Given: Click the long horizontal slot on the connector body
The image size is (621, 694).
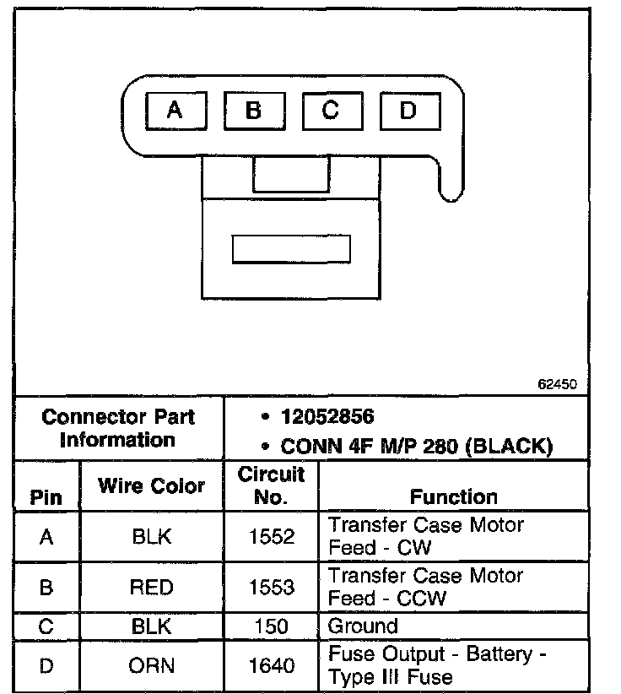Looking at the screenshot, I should coord(291,248).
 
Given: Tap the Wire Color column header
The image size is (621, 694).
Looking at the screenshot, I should coord(152,486).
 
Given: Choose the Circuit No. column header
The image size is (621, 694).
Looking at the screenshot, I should coord(271,485).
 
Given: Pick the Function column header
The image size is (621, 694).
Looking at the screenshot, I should coord(454,496).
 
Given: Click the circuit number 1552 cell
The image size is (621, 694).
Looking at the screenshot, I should coord(271,537).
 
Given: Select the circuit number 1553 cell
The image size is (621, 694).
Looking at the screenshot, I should coord(271,588).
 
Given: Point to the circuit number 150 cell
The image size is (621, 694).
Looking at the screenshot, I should coord(271,626).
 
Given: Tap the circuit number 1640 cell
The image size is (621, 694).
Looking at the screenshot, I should coord(271,666).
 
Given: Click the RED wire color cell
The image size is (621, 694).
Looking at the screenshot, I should coord(152,588).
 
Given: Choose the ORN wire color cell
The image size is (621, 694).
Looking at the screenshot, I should coord(152,666).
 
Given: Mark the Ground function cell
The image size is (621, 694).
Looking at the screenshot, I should coord(363,626).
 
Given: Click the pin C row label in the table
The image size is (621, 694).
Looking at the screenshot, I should coord(46,626).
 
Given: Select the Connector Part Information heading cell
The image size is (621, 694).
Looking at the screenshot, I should coord(118,428).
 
